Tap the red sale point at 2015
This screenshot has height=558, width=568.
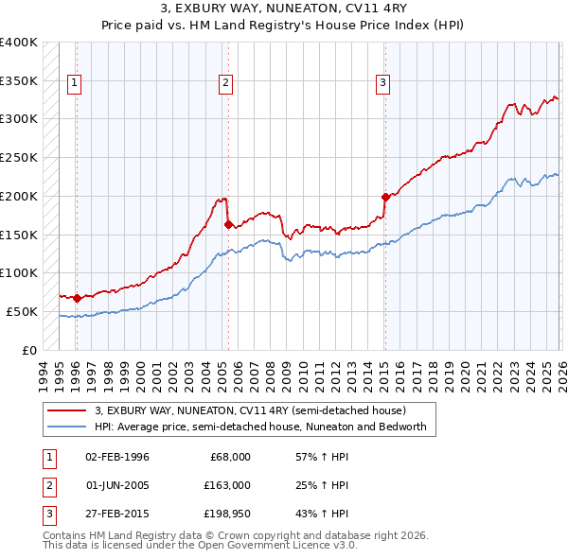385,198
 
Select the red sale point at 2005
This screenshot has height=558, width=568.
228,225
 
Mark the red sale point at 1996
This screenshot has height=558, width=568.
77,298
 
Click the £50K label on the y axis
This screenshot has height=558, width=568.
22,311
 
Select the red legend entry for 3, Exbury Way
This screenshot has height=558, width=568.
250,410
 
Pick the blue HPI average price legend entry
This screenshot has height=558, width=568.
260,427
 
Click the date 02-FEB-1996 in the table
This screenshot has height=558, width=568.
116,457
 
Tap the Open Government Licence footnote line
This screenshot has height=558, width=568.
201,547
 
